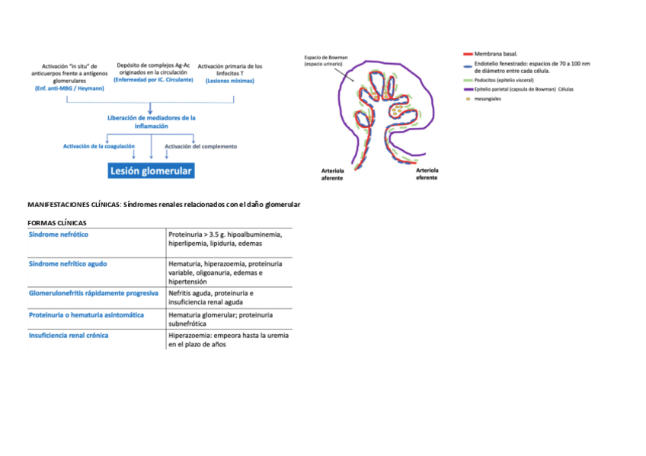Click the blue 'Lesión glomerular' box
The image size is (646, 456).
(x=151, y=171)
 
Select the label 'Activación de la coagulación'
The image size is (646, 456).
(x=99, y=145)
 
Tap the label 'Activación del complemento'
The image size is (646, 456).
(x=200, y=146)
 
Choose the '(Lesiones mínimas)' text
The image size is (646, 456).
(x=229, y=80)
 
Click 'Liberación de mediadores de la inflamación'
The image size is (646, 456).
(x=152, y=122)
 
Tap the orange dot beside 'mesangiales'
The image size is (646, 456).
(x=467, y=99)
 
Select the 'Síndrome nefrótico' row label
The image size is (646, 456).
(x=58, y=234)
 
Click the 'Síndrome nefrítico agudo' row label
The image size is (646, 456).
(x=68, y=263)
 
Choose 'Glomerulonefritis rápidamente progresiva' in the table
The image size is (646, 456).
(x=93, y=292)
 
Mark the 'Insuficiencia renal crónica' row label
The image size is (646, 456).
(x=69, y=335)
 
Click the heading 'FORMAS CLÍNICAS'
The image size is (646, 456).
(x=56, y=222)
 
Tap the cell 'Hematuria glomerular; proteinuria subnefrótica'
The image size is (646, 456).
(x=221, y=318)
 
